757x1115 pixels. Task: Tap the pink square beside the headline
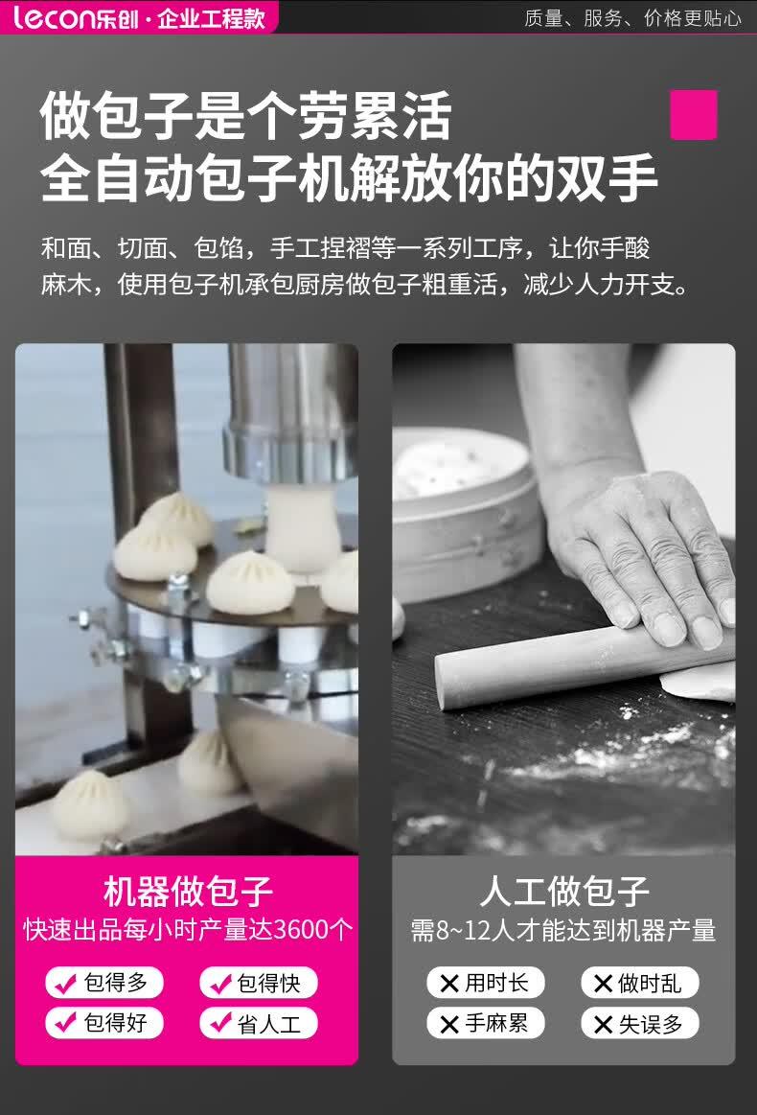click(693, 114)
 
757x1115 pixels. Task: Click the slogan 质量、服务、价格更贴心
click(632, 18)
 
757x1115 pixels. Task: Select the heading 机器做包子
click(188, 891)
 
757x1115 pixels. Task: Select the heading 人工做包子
click(564, 891)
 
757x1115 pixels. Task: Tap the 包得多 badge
click(104, 983)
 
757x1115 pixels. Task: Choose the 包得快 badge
click(258, 983)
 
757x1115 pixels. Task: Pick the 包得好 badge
click(104, 1023)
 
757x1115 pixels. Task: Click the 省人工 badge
click(258, 1023)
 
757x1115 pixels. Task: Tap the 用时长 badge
click(486, 983)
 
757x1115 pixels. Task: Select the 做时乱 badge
click(640, 983)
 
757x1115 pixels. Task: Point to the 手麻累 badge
click(486, 1023)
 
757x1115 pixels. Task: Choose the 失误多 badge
click(640, 1023)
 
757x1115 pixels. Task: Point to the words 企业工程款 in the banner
click(211, 18)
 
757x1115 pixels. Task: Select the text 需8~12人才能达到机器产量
click(562, 930)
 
